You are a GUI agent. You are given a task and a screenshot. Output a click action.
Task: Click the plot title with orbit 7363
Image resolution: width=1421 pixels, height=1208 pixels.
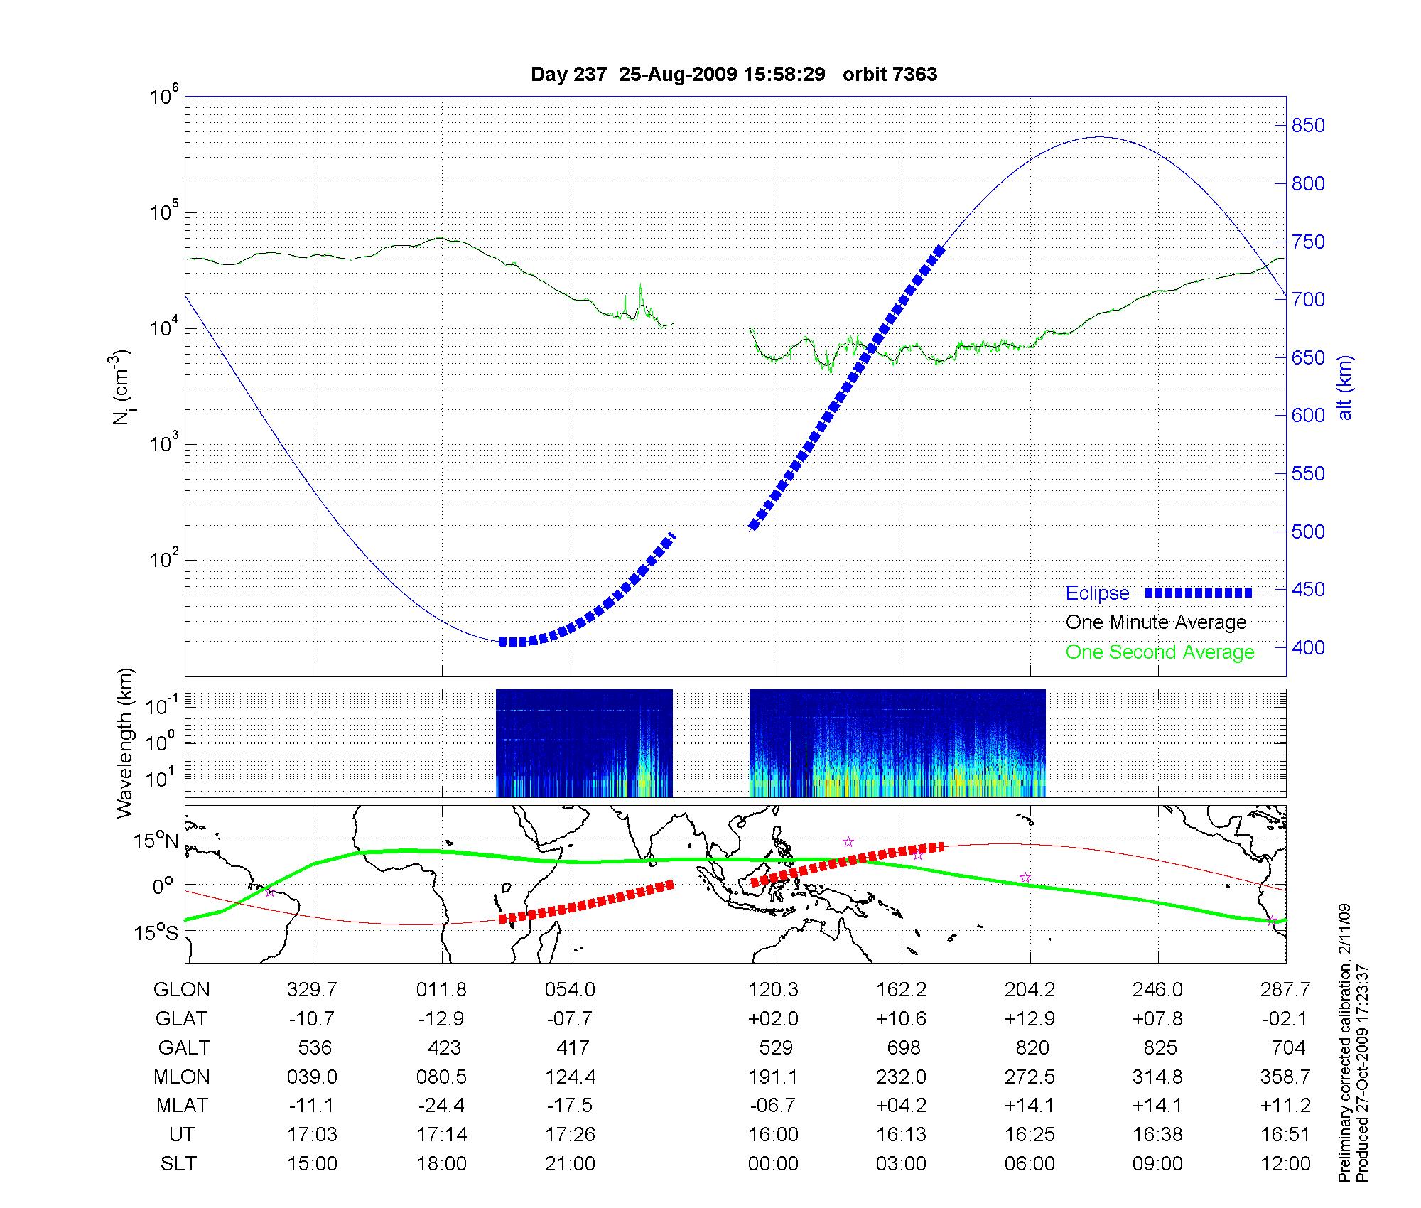734,75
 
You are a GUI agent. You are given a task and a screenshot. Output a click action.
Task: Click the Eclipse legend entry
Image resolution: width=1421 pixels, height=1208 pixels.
1097,593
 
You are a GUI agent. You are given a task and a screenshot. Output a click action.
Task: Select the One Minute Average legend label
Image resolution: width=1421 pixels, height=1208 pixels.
1156,622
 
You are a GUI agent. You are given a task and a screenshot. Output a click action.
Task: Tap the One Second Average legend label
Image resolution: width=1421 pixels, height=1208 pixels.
1160,652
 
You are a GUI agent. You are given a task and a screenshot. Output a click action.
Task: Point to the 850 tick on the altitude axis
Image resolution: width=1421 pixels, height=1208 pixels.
1308,126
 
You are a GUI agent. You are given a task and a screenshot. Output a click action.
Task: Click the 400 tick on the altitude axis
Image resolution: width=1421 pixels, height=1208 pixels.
1308,647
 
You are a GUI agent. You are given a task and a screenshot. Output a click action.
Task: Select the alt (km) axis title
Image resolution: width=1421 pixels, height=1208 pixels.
1344,387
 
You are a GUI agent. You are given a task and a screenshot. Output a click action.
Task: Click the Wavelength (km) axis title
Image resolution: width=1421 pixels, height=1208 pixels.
125,743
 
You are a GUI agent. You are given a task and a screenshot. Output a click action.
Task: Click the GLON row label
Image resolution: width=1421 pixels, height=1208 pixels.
182,990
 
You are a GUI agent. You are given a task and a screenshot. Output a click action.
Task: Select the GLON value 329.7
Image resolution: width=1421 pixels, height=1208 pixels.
312,990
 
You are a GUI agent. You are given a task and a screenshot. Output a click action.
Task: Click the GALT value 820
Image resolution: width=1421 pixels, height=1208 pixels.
1032,1048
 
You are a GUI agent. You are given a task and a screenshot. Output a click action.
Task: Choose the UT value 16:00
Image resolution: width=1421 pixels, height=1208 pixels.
773,1134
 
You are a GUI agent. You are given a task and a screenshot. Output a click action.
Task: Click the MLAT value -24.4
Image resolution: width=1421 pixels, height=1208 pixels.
441,1106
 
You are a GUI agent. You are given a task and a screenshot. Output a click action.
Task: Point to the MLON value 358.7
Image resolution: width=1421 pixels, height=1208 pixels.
1285,1077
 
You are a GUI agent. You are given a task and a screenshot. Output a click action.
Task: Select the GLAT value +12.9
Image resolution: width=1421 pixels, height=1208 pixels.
1030,1019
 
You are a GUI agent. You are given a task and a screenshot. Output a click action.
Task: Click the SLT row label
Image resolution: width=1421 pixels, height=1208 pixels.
179,1163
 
